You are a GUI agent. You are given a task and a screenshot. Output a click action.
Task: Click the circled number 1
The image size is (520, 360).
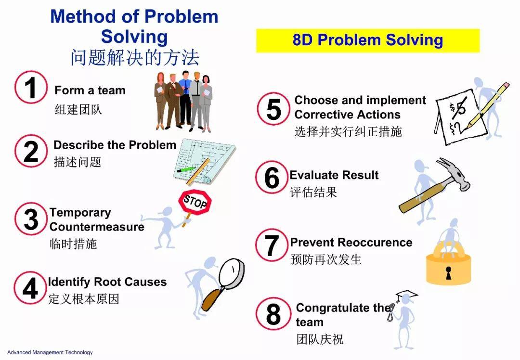coord(30,88)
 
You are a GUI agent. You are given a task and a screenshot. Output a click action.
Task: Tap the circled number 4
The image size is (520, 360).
coord(30,288)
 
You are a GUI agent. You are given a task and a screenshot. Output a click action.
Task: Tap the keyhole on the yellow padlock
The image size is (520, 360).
coord(449,273)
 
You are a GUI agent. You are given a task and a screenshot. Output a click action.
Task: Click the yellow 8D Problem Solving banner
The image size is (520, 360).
coord(367,40)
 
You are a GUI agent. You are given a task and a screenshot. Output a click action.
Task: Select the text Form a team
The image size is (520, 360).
coord(90,90)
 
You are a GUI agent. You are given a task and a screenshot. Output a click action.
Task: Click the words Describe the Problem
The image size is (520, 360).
coord(115,145)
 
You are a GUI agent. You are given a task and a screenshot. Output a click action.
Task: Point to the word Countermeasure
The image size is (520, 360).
coord(97,227)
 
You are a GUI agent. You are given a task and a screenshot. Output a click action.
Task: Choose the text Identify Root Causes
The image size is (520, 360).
coord(107,282)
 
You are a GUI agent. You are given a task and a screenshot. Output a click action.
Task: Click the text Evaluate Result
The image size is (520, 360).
coord(334,175)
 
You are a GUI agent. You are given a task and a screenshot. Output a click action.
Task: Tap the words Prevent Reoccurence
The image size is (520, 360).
coord(351,243)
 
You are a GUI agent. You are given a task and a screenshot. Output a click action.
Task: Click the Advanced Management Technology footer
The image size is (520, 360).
coord(50,352)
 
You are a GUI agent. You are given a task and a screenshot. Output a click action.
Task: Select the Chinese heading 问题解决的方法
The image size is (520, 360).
coord(134,58)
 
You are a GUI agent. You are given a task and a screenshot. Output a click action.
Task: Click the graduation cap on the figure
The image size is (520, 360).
coord(406,294)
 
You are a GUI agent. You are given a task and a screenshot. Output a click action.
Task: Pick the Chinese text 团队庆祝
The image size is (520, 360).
coord(320,339)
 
